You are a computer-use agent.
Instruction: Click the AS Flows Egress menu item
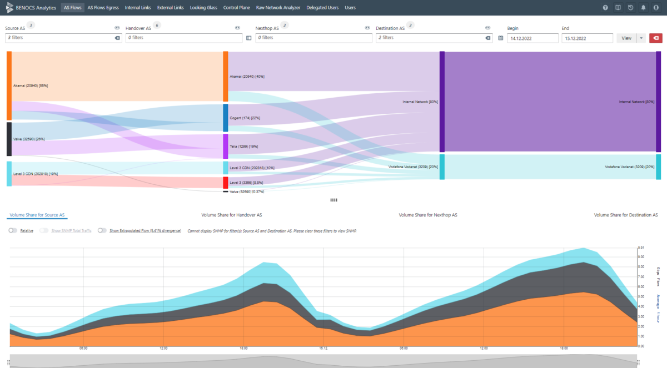tap(103, 8)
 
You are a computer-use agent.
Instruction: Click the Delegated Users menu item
tap(323, 8)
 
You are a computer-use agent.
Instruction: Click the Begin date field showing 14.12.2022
tap(532, 38)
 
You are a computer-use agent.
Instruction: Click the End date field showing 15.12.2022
tap(587, 38)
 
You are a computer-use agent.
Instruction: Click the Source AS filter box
tap(58, 38)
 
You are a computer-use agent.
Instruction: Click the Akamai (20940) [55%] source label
tap(31, 86)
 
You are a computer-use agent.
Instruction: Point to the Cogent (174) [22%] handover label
tap(245, 118)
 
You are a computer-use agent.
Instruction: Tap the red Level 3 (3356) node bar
tap(226, 183)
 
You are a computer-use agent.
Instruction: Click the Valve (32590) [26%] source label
tap(29, 139)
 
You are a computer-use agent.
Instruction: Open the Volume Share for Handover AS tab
tap(231, 215)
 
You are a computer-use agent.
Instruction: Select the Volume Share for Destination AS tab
tap(626, 215)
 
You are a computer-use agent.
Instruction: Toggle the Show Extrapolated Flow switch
tap(102, 230)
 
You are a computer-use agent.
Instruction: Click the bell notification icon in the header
tap(643, 8)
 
